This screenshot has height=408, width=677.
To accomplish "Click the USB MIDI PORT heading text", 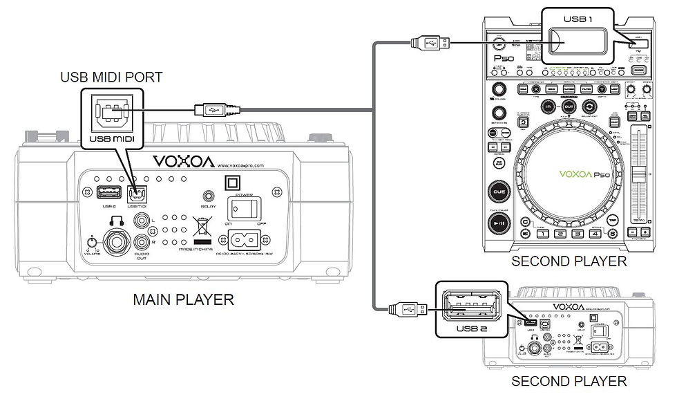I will click(111, 77).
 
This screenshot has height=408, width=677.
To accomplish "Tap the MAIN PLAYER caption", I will click(183, 299).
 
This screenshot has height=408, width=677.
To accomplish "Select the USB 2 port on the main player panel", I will click(108, 193).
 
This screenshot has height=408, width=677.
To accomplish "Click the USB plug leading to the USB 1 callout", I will click(428, 43).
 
